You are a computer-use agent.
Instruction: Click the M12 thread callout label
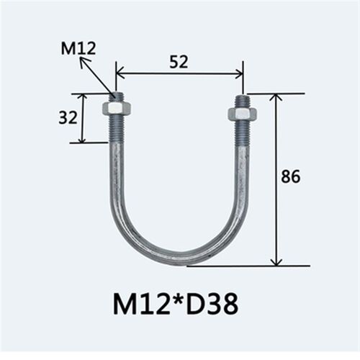78,48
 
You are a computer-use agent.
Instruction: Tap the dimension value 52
179,62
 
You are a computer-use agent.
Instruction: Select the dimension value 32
68,117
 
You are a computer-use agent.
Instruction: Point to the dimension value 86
291,176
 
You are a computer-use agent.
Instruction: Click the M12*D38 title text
176,304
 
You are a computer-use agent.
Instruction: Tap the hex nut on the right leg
243,114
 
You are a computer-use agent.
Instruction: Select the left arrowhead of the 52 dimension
120,75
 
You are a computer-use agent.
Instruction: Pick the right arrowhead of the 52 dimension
239,75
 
